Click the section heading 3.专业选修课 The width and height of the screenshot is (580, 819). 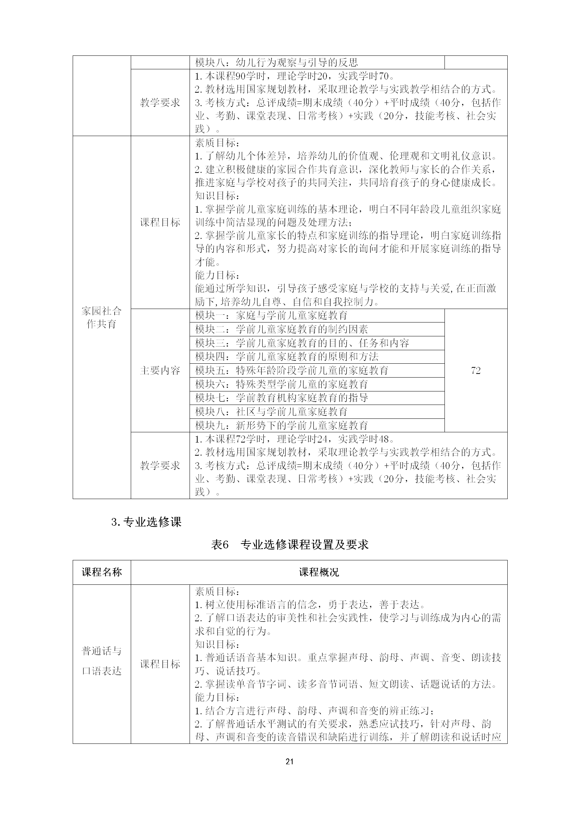pos(146,522)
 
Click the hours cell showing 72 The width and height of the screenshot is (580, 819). pos(476,371)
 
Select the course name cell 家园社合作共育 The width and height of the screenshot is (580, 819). pos(102,317)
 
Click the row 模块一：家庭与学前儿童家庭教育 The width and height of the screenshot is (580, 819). pos(271,316)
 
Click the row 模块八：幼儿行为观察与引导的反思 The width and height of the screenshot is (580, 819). pos(276,62)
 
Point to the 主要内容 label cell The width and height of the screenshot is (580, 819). pos(160,371)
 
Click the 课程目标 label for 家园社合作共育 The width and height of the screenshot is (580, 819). pos(160,223)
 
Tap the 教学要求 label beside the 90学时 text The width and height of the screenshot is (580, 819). pos(160,103)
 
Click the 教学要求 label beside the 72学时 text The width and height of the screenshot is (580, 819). pos(160,465)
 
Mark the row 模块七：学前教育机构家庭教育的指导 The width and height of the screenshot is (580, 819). pos(281,398)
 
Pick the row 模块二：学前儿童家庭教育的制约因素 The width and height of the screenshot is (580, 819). pos(281,329)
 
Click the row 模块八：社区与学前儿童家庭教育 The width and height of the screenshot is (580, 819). pos(271,412)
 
